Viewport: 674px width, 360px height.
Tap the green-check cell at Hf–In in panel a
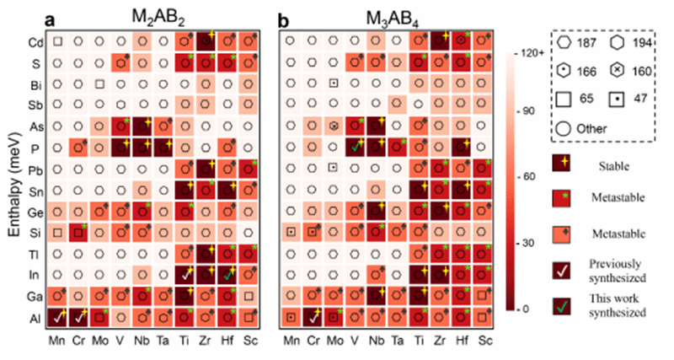click(x=227, y=274)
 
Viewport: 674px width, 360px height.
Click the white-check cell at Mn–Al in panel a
click(x=57, y=317)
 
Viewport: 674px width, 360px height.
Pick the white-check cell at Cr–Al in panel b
click(x=313, y=317)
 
